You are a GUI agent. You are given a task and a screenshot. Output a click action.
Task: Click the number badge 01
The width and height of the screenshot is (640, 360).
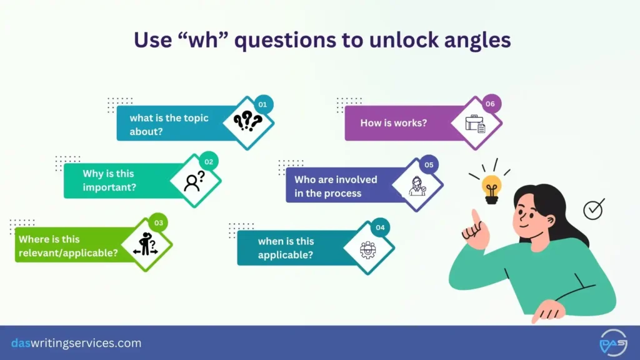click(262, 104)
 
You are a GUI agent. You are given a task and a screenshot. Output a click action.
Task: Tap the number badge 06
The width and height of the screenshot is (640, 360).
click(490, 104)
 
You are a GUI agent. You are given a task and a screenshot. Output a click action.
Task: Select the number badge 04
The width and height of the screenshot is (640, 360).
click(379, 227)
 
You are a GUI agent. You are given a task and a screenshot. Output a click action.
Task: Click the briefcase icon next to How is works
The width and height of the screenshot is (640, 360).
click(476, 124)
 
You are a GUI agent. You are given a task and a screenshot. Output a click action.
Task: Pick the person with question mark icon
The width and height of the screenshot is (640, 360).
click(194, 181)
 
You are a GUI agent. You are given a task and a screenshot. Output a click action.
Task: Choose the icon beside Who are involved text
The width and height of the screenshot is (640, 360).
click(417, 186)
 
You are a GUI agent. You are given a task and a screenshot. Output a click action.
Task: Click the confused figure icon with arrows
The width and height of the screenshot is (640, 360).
click(146, 244)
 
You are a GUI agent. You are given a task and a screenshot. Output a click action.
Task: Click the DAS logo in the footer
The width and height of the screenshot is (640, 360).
click(612, 343)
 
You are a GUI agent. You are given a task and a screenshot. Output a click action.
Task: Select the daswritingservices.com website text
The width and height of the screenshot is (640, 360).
click(76, 343)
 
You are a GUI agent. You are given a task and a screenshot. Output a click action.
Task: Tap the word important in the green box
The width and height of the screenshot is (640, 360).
click(110, 187)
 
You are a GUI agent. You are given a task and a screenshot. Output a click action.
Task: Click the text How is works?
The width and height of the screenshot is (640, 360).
click(394, 122)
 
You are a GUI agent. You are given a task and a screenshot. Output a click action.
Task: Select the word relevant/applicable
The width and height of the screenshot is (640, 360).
click(68, 252)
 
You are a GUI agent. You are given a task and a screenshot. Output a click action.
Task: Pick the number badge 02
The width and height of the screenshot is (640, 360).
click(209, 162)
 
